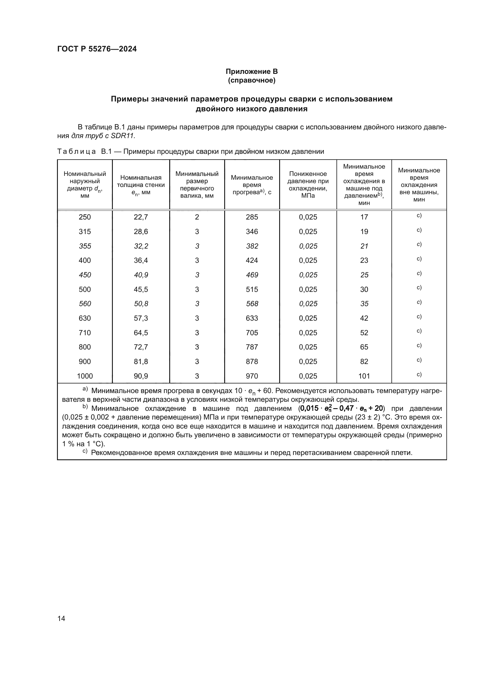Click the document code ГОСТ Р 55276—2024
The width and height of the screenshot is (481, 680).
97,49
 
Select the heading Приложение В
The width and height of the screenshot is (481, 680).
252,72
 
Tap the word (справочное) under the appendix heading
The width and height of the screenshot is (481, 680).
252,80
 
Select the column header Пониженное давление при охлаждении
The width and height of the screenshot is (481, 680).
308,185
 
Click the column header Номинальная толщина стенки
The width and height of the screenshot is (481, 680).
141,185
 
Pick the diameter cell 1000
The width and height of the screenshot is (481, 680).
85,376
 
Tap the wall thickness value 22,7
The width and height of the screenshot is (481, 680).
141,217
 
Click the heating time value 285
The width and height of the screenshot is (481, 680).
252,217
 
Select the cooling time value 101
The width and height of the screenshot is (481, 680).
364,376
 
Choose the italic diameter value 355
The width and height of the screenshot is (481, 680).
85,246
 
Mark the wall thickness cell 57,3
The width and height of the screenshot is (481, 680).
141,318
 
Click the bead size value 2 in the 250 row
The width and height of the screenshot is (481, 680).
197,217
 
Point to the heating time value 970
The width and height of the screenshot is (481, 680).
252,376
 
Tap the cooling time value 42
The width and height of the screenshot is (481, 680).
364,318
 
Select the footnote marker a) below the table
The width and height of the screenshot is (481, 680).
85,389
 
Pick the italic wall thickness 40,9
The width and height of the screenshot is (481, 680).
141,275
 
